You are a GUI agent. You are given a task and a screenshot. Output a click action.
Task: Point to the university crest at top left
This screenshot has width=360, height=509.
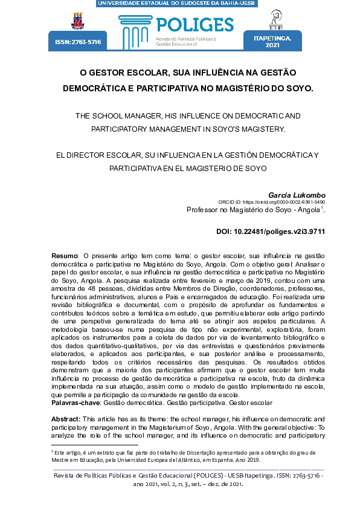78,21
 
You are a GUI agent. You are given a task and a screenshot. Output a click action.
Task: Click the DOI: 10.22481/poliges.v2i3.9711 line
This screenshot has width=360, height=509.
271,232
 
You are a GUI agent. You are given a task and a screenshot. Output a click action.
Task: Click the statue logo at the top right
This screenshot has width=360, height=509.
277,19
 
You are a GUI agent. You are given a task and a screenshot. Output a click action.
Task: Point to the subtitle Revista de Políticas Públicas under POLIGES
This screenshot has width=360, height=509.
181,38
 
